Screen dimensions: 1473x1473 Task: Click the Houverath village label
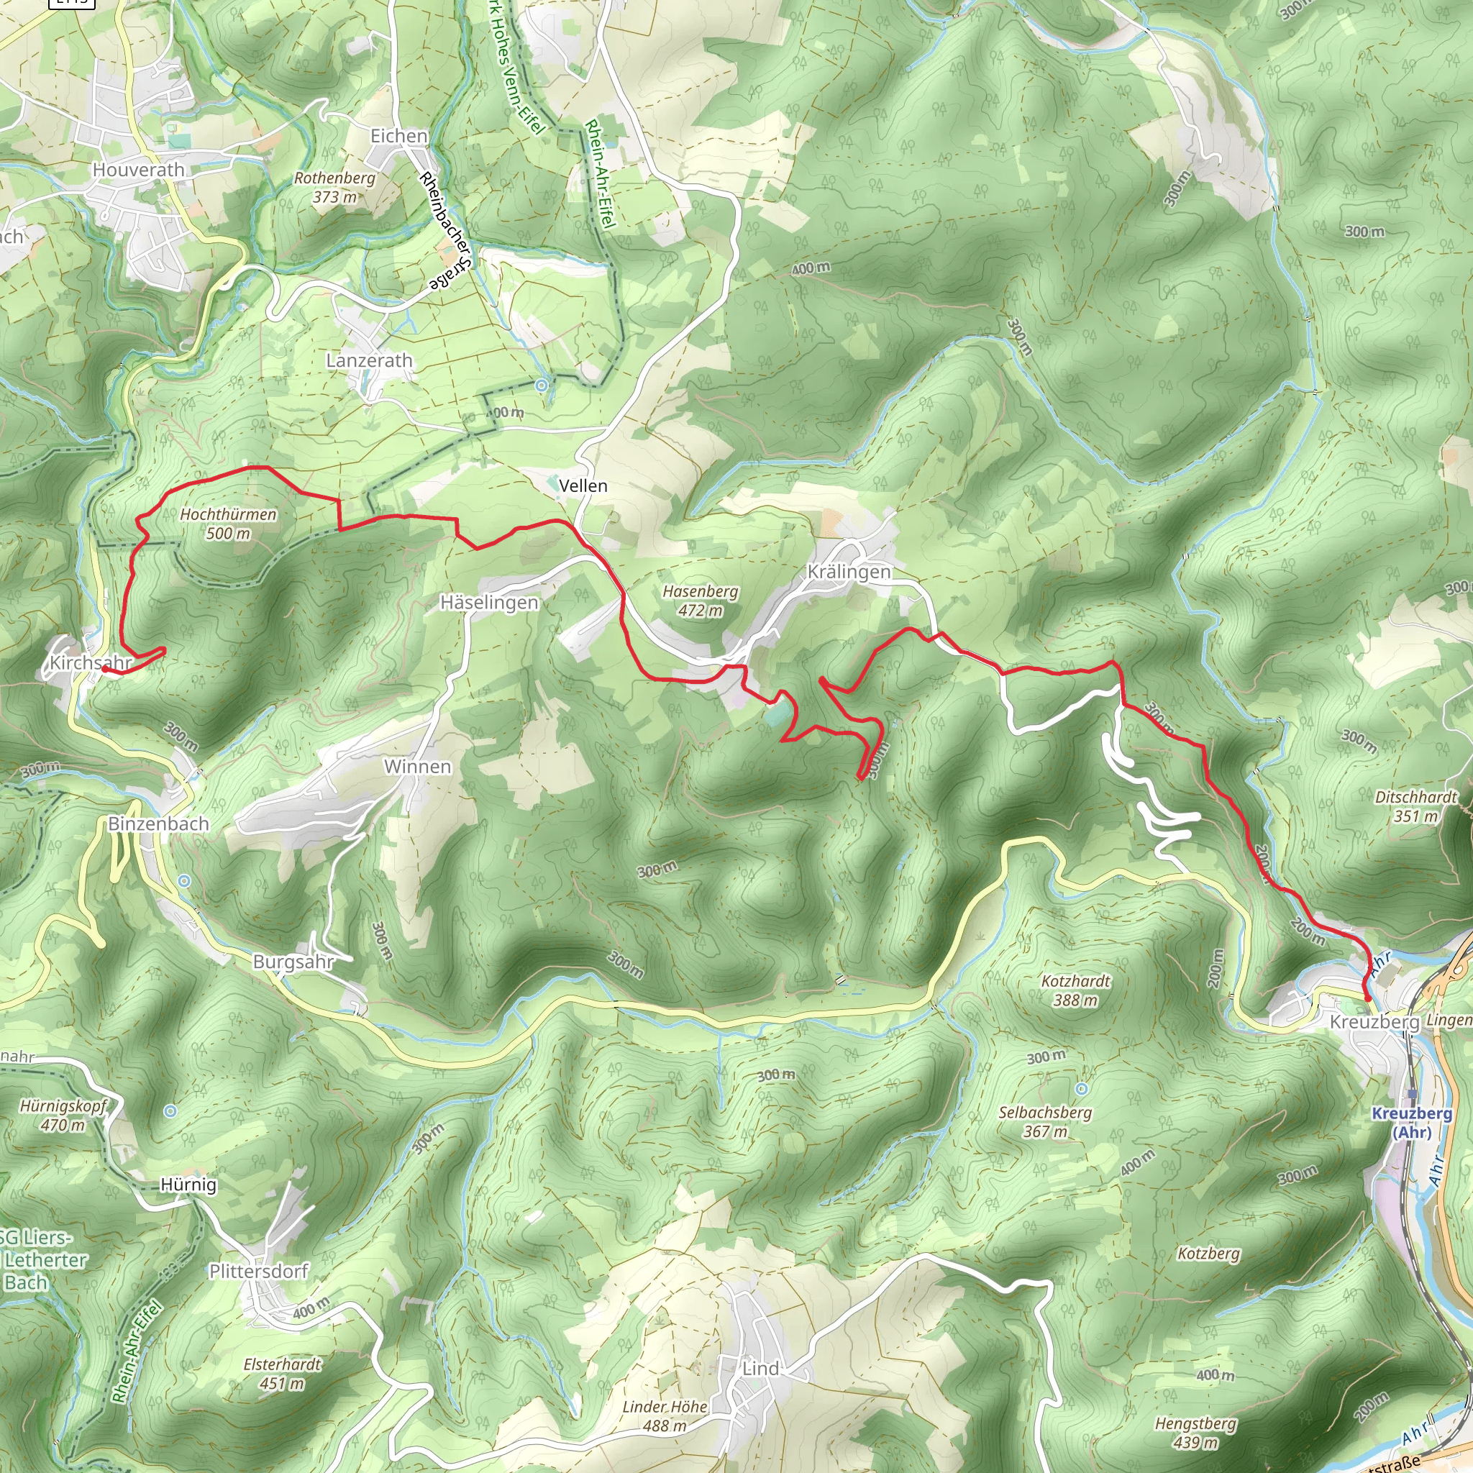pos(138,170)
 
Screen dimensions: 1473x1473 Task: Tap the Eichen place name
pos(398,137)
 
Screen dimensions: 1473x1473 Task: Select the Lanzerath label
pos(369,360)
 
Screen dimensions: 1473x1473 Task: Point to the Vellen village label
pos(583,486)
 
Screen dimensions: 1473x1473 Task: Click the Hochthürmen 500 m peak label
pos(228,524)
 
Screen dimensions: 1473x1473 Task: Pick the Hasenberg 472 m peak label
pos(700,601)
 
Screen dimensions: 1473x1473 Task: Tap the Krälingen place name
pos(849,573)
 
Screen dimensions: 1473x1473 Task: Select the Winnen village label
pos(418,767)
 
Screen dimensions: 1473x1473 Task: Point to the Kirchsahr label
pos(90,663)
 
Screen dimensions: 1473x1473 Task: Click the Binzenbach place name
pos(158,824)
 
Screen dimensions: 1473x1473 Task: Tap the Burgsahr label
pos(293,962)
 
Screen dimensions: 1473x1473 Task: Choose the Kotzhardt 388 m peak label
pos(1076,990)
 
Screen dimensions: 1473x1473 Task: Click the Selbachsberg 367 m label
pos(1045,1121)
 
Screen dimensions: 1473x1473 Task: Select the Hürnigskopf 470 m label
pos(63,1115)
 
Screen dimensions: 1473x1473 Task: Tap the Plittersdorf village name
pos(258,1271)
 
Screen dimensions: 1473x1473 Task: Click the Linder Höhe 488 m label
pos(665,1415)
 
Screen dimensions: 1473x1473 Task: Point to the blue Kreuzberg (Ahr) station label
pos(1412,1123)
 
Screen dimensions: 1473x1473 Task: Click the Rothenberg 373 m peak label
pos(334,188)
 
